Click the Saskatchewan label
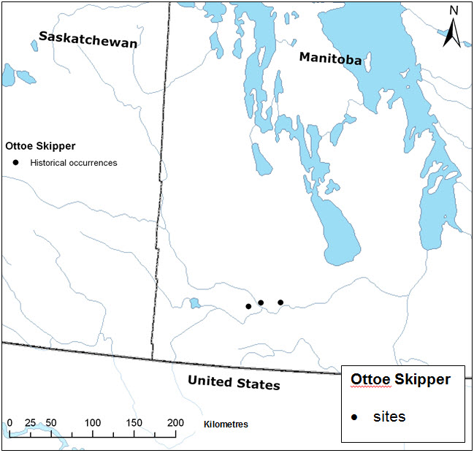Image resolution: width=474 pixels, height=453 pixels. point(88,41)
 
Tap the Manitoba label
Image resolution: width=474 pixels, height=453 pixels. point(330,59)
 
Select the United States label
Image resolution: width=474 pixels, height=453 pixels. point(234,382)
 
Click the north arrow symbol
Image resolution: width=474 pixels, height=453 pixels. point(453,33)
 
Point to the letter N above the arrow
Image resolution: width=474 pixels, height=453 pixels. point(453,10)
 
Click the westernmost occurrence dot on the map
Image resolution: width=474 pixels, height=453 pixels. point(248,306)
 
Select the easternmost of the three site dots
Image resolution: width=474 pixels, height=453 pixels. point(280,302)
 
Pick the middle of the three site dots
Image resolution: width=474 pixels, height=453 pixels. point(261,302)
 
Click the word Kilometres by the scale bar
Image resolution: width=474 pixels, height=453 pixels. point(226,424)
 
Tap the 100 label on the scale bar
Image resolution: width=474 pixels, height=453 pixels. point(93,423)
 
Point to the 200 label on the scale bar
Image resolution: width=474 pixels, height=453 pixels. point(175,423)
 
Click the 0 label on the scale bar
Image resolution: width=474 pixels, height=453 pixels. point(9,423)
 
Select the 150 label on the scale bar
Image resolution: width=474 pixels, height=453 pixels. point(134,423)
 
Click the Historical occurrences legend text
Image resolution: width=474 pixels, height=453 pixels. point(73,163)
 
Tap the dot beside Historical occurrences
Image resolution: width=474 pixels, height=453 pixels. point(15,163)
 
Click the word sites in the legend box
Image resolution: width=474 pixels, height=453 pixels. point(389,416)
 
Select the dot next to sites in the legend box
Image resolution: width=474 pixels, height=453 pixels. point(354,417)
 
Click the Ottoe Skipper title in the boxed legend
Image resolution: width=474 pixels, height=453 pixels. point(400,380)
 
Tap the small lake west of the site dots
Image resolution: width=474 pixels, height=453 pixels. point(194,303)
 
